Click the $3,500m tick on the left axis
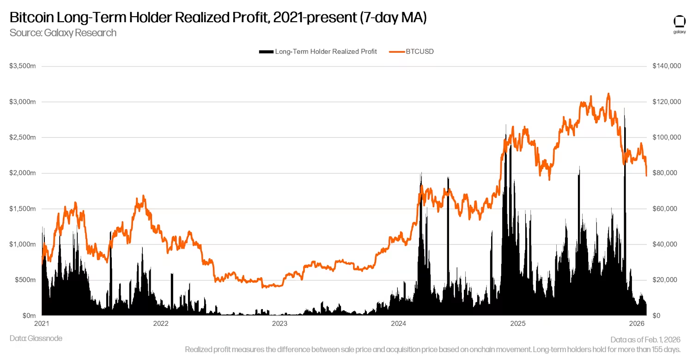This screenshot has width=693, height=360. [x=23, y=66]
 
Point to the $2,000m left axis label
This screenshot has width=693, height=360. [x=23, y=173]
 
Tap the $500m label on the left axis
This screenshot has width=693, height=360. [x=25, y=280]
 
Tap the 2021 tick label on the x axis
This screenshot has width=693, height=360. [x=42, y=323]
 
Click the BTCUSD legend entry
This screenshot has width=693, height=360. [x=420, y=52]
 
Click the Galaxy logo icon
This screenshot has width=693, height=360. [x=679, y=22]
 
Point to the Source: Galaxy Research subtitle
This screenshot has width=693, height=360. [x=63, y=33]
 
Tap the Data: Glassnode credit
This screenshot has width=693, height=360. [x=36, y=338]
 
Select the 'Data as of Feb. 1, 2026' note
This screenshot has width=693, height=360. [x=645, y=339]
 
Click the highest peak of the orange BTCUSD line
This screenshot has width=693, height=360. [x=608, y=94]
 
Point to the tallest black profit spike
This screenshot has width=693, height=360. [x=625, y=109]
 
